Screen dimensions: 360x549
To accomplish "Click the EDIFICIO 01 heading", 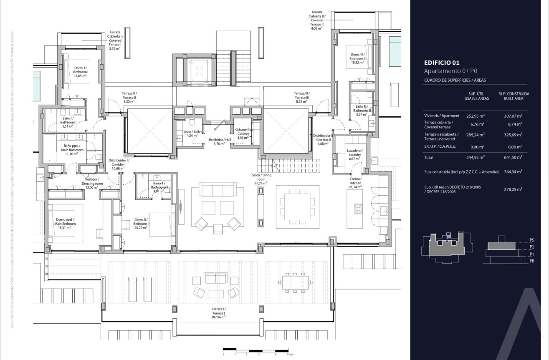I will point(442,63).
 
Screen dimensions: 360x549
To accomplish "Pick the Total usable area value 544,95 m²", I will point(475,157).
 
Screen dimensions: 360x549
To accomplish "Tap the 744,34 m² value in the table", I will point(513,171).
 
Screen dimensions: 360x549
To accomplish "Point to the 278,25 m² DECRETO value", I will point(513,189).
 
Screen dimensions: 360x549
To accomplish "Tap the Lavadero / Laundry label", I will point(355,154).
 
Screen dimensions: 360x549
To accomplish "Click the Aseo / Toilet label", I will point(192,133).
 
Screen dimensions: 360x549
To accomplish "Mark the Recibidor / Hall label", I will point(219,141).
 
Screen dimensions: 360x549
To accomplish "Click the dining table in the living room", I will point(297,206).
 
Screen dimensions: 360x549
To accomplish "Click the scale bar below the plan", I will point(256,350).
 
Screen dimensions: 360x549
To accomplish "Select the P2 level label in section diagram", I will point(531,247).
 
